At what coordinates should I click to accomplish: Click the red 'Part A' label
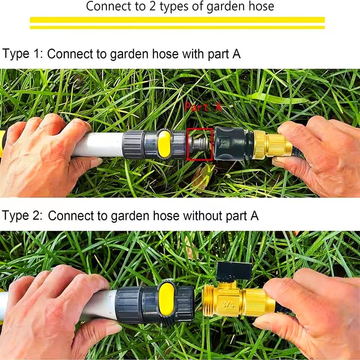[203, 107]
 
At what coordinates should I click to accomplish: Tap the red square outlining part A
[187, 144]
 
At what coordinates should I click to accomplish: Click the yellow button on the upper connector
[164, 144]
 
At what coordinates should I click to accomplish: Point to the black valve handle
[234, 271]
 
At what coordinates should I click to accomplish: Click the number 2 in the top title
[153, 6]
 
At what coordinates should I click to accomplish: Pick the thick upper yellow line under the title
[177, 20]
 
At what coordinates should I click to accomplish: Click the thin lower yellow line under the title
[177, 27]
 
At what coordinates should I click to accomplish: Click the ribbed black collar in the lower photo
[129, 305]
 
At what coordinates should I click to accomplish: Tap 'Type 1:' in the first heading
[22, 54]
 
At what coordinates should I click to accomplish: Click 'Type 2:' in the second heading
[22, 216]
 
